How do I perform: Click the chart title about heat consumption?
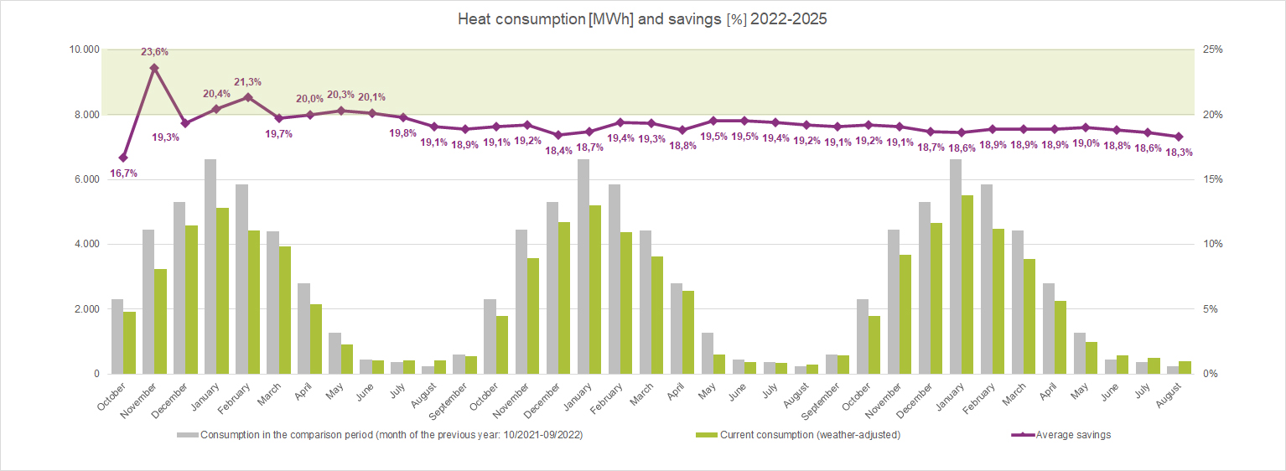(x=642, y=19)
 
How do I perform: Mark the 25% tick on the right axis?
(x=1213, y=49)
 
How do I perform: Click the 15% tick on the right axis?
(x=1213, y=179)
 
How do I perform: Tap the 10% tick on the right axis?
(x=1213, y=244)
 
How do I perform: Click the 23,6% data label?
(x=154, y=52)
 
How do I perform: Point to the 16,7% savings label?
(x=123, y=173)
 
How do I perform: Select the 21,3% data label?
(x=247, y=82)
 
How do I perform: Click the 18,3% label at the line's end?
(x=1179, y=153)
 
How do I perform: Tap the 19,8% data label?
(x=402, y=133)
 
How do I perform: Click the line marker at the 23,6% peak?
(x=154, y=68)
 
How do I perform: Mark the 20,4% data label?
(x=216, y=94)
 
